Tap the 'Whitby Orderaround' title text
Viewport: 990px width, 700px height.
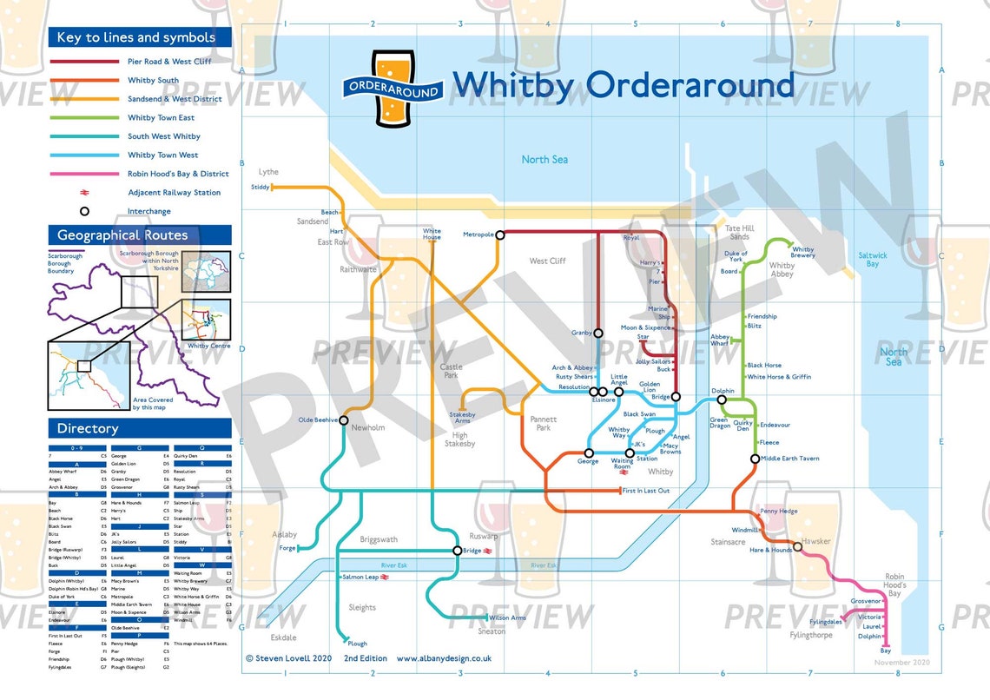623,85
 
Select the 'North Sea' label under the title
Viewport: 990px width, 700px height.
544,159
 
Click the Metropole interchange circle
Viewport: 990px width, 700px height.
500,234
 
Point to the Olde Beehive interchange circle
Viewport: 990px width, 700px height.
343,420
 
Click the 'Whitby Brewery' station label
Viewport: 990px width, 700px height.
803,253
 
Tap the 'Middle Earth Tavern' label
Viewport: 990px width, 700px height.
790,459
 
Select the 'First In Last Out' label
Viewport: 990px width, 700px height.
646,492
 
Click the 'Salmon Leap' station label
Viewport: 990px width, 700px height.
360,577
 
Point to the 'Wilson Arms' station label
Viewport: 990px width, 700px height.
508,618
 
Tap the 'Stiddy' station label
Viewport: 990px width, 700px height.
260,187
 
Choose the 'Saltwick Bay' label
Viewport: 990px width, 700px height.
873,259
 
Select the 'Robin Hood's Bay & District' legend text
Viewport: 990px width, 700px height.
178,174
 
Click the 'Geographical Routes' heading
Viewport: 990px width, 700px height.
122,235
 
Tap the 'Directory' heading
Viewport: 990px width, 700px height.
88,428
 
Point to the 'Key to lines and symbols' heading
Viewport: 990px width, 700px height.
136,37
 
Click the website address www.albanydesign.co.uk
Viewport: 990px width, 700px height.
444,658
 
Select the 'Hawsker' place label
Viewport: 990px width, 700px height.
816,541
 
